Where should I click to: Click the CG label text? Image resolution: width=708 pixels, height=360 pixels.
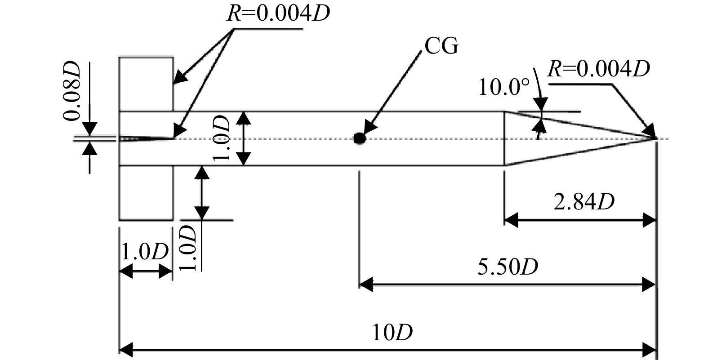441,46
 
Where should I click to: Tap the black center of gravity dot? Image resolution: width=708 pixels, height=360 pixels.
359,138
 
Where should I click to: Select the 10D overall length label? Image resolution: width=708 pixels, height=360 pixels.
392,332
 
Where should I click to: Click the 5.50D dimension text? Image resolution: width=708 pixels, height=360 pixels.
508,267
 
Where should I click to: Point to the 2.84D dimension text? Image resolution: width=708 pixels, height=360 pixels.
584,202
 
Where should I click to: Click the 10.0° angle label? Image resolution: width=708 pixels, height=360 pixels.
504,87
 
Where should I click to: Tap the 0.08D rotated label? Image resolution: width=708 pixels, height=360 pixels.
71,90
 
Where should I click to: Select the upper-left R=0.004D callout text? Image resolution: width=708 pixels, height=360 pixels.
278,13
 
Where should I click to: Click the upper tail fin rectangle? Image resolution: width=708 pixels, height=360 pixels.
146,84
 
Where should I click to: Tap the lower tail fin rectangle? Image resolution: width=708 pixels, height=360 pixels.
146,193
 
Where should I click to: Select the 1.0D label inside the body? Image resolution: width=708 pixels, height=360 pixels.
221,138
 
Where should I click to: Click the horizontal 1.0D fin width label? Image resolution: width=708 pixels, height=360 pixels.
145,252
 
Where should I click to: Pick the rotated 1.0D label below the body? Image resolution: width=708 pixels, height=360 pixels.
188,248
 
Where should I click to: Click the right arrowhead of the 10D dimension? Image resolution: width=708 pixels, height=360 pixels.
649,350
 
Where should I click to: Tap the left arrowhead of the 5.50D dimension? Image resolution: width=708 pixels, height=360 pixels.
366,284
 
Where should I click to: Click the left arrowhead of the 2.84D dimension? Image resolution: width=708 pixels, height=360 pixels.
511,220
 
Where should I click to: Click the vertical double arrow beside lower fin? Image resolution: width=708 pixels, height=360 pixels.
202,192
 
